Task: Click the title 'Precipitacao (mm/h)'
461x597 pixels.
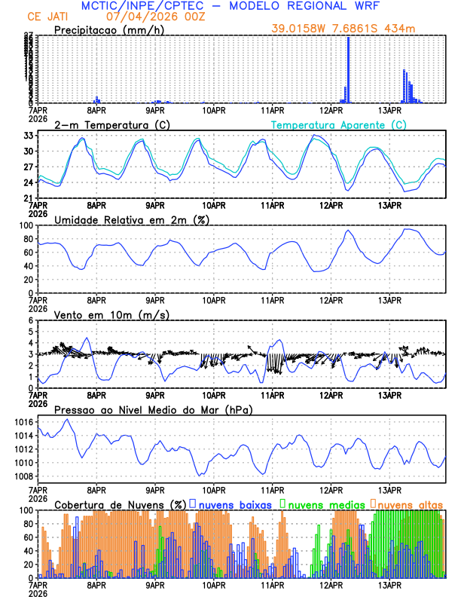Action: pyautogui.click(x=110, y=31)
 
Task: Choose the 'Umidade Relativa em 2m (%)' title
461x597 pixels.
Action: pyautogui.click(x=132, y=219)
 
